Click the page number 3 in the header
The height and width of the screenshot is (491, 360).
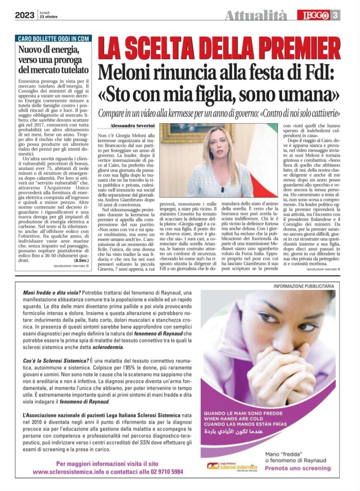(336, 15)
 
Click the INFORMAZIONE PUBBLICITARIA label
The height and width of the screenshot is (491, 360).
(303, 286)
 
